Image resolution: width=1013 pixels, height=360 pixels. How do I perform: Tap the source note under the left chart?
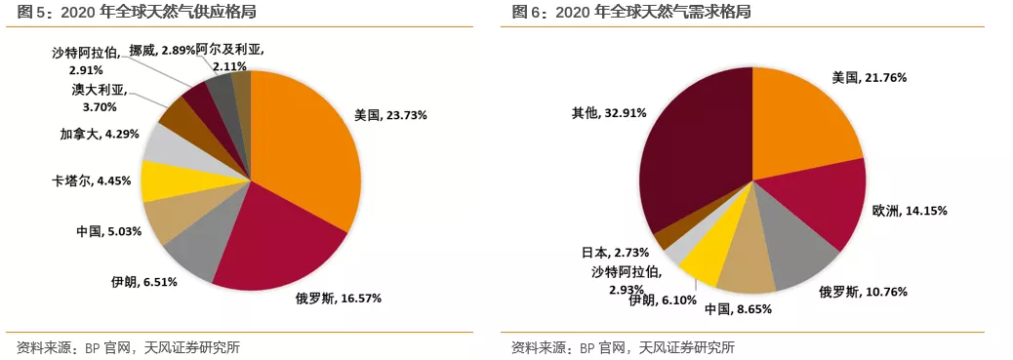[128, 347]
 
